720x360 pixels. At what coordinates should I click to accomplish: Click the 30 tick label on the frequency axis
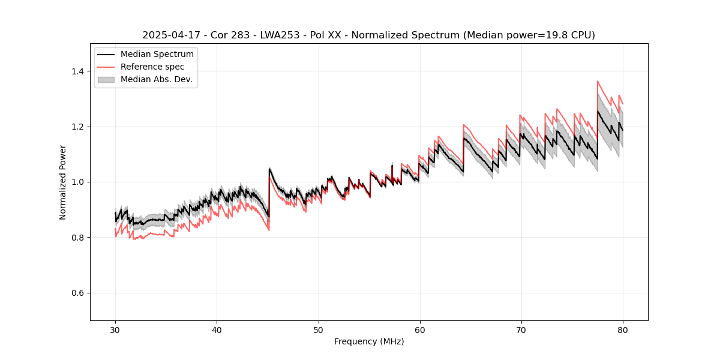pyautogui.click(x=115, y=329)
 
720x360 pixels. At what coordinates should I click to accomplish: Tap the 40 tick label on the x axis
pyautogui.click(x=217, y=329)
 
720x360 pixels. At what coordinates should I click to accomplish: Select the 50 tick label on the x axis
pyautogui.click(x=318, y=329)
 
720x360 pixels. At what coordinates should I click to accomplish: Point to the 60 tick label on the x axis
pyautogui.click(x=419, y=329)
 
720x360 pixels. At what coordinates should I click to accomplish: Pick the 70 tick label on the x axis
pyautogui.click(x=521, y=329)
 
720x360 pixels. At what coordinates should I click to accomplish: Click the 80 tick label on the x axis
pyautogui.click(x=622, y=329)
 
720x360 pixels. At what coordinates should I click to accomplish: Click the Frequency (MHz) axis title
pyautogui.click(x=369, y=341)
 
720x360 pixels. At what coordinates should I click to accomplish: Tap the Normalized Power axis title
pyautogui.click(x=63, y=182)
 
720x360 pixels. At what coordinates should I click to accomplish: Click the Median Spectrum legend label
pyautogui.click(x=157, y=55)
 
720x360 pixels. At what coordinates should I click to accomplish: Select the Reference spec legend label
pyautogui.click(x=152, y=67)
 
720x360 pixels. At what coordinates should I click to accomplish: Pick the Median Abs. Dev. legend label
pyautogui.click(x=157, y=79)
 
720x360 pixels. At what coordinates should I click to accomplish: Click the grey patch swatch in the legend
pyautogui.click(x=106, y=79)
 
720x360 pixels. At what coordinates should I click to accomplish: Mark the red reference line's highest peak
pyautogui.click(x=598, y=81)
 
